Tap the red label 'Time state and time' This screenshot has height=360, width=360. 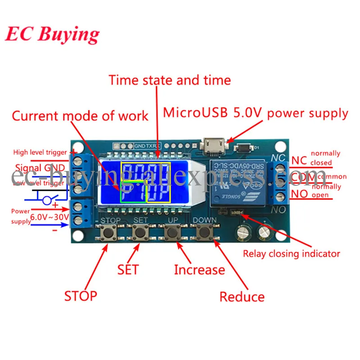click(x=170, y=80)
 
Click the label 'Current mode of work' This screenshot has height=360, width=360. click(x=80, y=116)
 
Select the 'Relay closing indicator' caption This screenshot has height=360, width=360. click(x=291, y=254)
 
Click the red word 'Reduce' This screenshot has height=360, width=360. click(x=242, y=297)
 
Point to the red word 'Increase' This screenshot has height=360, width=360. click(x=199, y=270)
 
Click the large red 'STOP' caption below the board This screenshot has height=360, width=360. click(x=80, y=296)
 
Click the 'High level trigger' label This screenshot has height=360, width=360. click(x=40, y=153)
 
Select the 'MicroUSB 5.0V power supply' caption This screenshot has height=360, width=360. click(x=255, y=112)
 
